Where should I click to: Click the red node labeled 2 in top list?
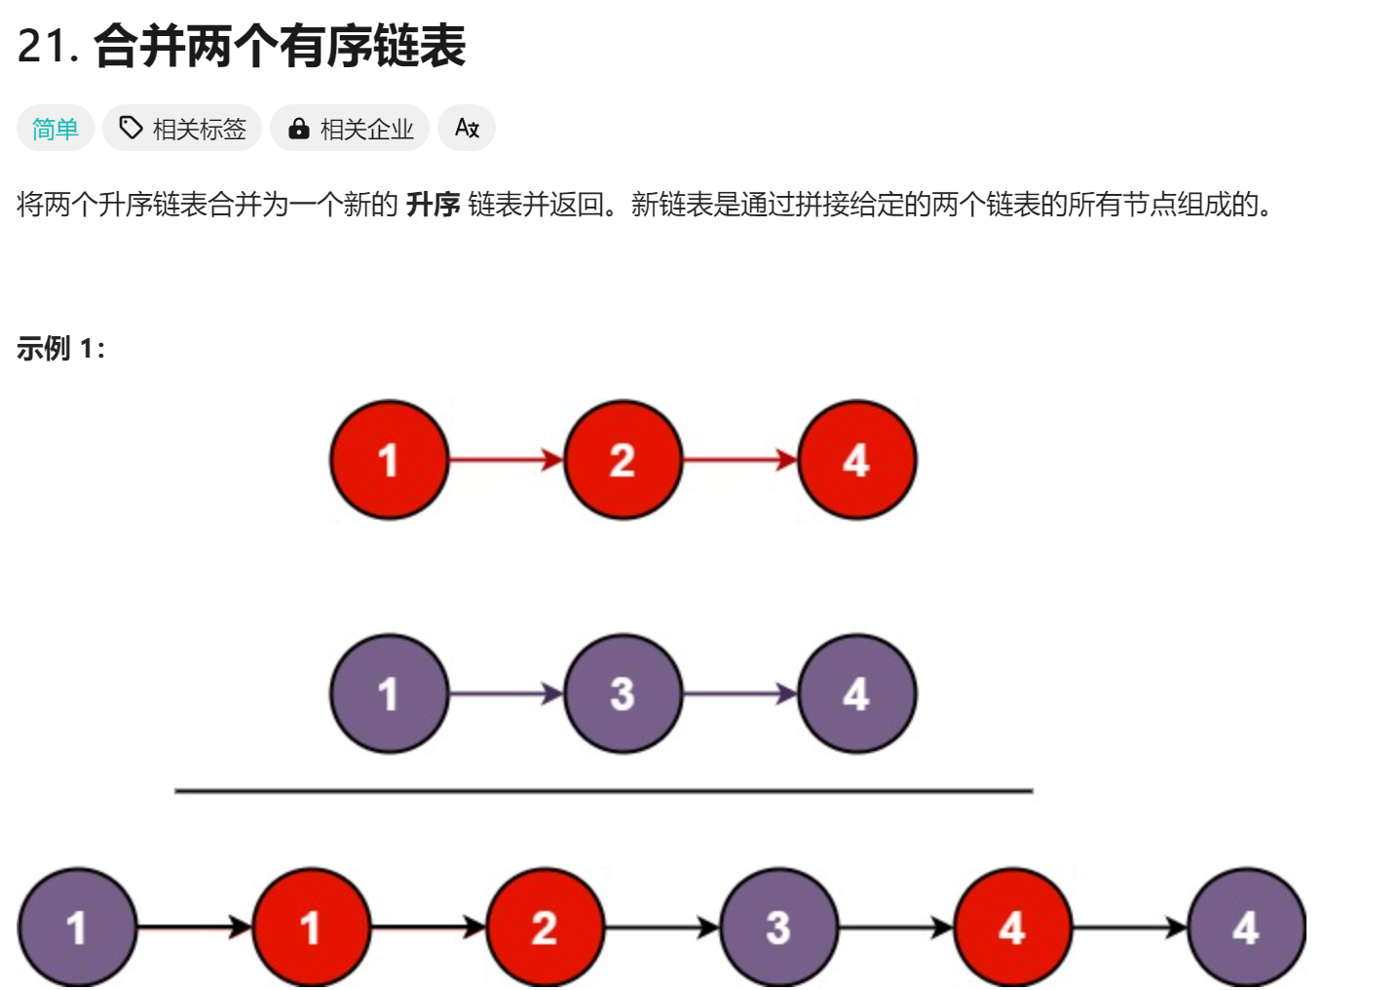[x=623, y=459]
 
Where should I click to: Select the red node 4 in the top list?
[x=856, y=459]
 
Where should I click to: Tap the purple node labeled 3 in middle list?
[x=623, y=694]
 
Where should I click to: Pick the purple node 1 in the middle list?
[x=389, y=694]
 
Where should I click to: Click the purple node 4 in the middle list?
[x=856, y=694]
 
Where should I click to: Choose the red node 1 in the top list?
[x=389, y=459]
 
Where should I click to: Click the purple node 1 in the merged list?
[x=77, y=928]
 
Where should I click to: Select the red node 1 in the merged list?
[x=311, y=928]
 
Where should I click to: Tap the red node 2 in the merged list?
[x=545, y=928]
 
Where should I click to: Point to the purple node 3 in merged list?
[x=778, y=928]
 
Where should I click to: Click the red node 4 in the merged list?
[x=1012, y=928]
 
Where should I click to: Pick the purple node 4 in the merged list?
[x=1246, y=928]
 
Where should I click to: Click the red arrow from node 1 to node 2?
[x=506, y=459]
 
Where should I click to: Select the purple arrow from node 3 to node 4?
[x=739, y=694]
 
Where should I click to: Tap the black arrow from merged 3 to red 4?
[x=895, y=928]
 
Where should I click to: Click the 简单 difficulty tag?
[x=55, y=129]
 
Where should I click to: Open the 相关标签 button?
[x=182, y=129]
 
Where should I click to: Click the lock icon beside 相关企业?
[x=299, y=129]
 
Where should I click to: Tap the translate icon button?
[x=467, y=129]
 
